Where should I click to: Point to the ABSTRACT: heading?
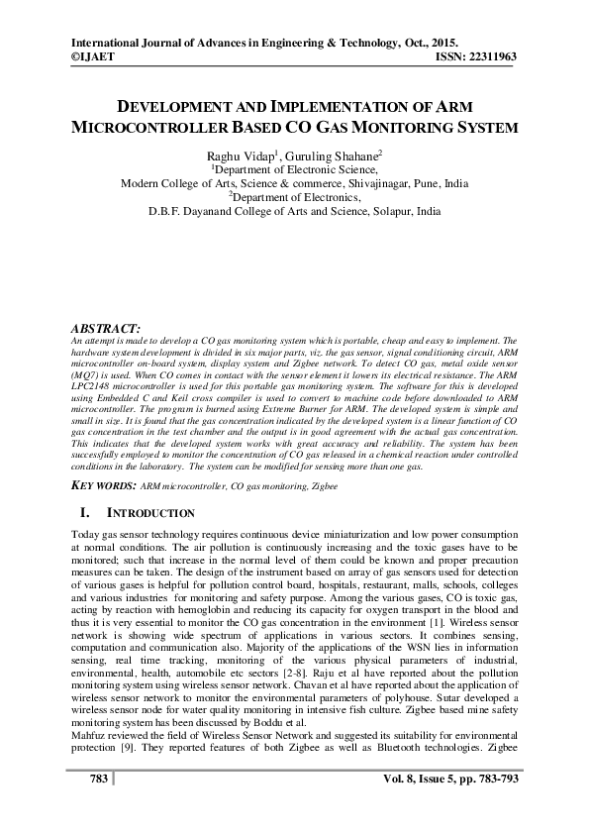click(x=107, y=327)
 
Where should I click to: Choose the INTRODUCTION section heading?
click(x=149, y=514)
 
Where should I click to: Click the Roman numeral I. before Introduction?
click(x=85, y=514)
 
